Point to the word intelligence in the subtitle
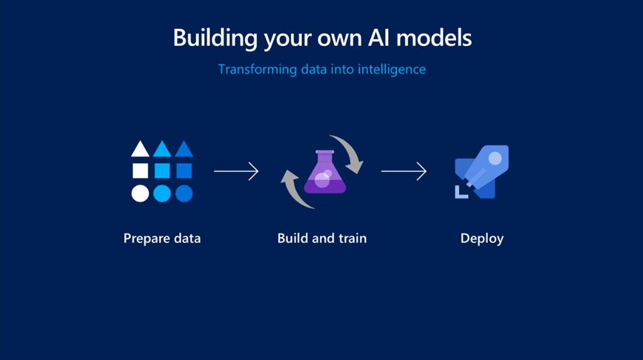(x=392, y=69)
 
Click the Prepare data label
(x=162, y=239)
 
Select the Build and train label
(x=322, y=239)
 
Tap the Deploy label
(x=482, y=239)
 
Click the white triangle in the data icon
(x=140, y=150)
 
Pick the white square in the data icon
(x=140, y=170)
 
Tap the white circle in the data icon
(x=140, y=194)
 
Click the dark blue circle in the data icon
(x=184, y=194)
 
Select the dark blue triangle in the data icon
(x=184, y=150)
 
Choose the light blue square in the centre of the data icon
(x=162, y=170)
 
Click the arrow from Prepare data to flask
(x=236, y=171)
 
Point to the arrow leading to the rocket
(x=404, y=171)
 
